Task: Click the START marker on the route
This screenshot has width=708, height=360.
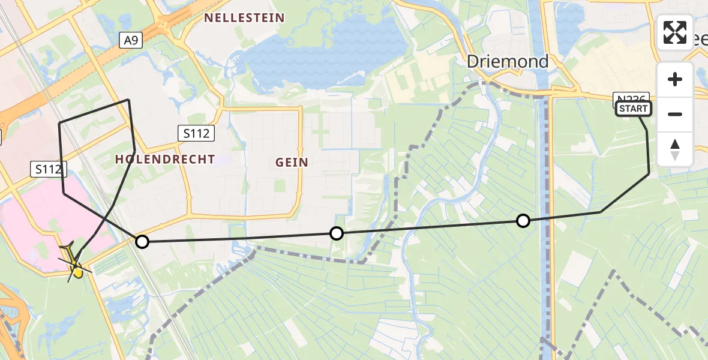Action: pos(634,109)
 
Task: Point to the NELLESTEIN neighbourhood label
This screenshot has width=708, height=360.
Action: pos(244,18)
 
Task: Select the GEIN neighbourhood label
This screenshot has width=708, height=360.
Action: pos(292,162)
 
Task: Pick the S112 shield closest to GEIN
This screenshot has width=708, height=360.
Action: pos(197,133)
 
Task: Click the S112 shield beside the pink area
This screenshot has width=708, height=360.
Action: pos(48,169)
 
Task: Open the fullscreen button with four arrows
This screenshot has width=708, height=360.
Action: pos(675,32)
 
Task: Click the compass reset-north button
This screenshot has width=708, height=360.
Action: pos(675,149)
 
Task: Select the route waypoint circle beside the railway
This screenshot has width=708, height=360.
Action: pos(142,242)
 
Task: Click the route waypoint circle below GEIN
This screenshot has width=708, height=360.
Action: pos(337,233)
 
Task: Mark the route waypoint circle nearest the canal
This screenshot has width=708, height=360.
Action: pos(523,221)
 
